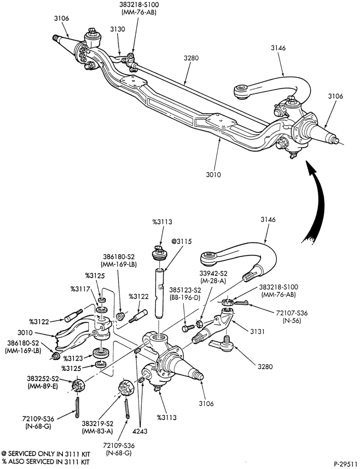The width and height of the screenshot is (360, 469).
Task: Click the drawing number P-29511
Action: (x=345, y=464)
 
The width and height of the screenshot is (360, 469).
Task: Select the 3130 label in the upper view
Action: (x=118, y=29)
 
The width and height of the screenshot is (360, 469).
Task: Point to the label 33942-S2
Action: (x=213, y=273)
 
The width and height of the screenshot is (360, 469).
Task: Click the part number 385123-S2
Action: (x=185, y=290)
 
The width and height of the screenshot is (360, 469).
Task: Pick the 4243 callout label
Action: (x=140, y=431)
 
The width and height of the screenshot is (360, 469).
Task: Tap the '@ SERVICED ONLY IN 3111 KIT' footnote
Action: (x=45, y=454)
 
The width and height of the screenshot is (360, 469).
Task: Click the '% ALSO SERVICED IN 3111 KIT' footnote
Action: (x=45, y=461)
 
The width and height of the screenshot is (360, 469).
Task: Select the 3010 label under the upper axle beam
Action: (x=213, y=174)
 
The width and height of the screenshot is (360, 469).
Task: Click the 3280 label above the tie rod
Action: (x=191, y=58)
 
